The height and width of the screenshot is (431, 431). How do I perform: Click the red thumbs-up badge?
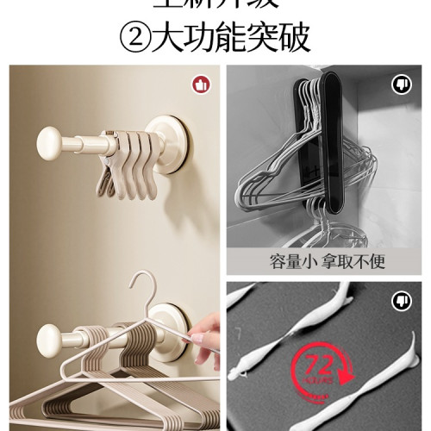pyautogui.click(x=201, y=84)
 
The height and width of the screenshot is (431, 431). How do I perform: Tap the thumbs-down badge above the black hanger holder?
pyautogui.click(x=402, y=84)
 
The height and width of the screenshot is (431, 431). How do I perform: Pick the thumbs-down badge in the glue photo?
pyautogui.click(x=402, y=301)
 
